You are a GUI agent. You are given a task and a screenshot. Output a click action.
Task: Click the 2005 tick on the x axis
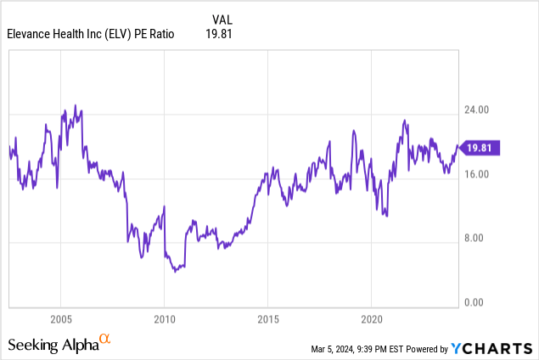59,318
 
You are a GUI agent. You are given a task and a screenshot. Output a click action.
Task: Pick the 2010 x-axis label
164,318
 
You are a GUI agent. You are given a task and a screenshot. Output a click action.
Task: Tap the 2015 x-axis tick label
267,318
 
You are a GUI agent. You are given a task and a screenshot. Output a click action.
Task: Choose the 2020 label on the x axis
372,318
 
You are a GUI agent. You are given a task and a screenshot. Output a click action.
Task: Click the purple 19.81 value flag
481,148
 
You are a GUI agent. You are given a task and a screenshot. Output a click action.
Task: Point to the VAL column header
220,20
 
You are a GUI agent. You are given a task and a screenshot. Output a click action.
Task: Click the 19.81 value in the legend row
219,34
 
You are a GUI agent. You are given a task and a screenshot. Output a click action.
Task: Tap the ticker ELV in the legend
134,34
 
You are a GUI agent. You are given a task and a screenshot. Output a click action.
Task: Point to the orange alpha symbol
105,340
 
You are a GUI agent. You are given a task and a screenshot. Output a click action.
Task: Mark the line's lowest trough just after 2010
175,271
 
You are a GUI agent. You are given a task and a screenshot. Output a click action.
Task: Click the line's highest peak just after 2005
75,105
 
